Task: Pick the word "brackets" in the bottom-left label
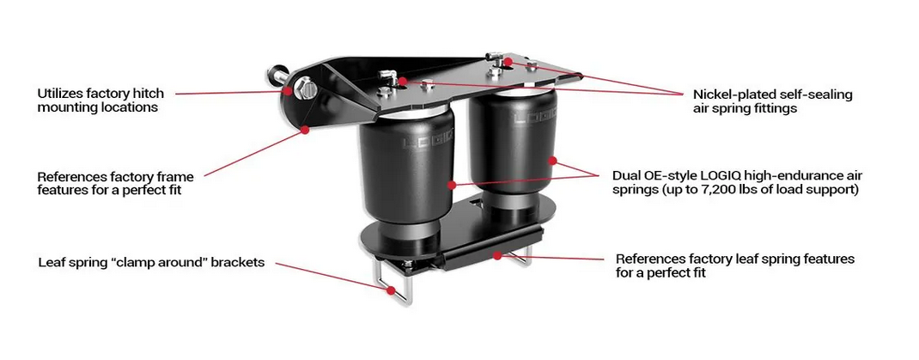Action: (x=237, y=262)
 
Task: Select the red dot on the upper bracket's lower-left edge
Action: (x=306, y=131)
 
